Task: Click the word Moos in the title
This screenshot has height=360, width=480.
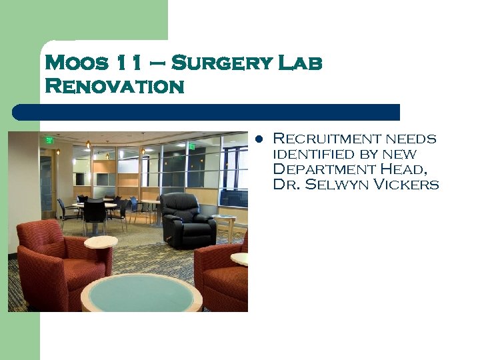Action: (75, 63)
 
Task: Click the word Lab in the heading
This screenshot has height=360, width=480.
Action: (299, 63)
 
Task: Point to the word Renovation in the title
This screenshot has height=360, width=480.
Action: (114, 87)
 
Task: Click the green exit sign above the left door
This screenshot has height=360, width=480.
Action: (49, 140)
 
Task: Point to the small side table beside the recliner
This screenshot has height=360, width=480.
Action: (225, 223)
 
